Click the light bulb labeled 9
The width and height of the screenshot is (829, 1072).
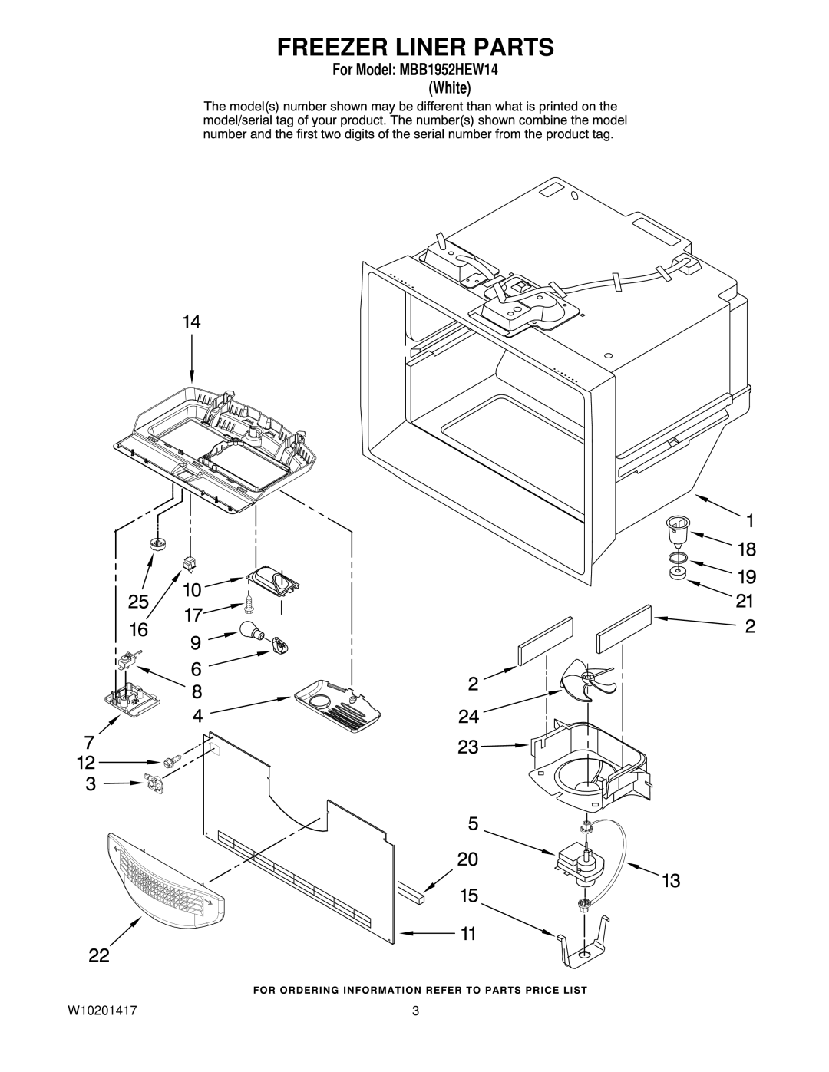pyautogui.click(x=253, y=631)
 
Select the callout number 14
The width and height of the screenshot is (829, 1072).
pyautogui.click(x=191, y=322)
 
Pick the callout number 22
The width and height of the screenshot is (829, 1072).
pyautogui.click(x=99, y=955)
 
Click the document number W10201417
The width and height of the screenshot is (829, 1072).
pyautogui.click(x=102, y=1011)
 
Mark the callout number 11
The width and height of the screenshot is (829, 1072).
pyautogui.click(x=467, y=934)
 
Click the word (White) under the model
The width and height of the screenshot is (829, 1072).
pyautogui.click(x=450, y=88)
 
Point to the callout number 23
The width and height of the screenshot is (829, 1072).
pyautogui.click(x=467, y=747)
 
